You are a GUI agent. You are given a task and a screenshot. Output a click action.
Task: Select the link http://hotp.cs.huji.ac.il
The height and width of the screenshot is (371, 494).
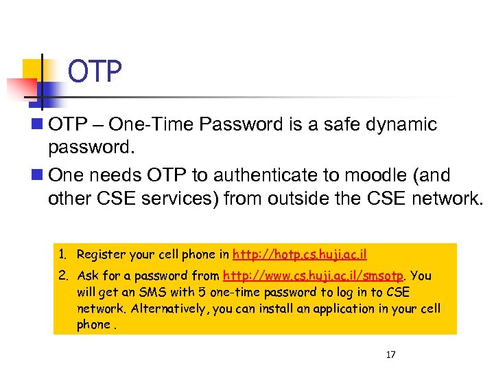click(300, 254)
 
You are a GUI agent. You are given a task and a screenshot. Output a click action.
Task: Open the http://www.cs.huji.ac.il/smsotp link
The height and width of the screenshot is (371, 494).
click(314, 276)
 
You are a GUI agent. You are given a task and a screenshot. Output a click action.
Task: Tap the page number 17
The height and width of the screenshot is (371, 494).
click(391, 355)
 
